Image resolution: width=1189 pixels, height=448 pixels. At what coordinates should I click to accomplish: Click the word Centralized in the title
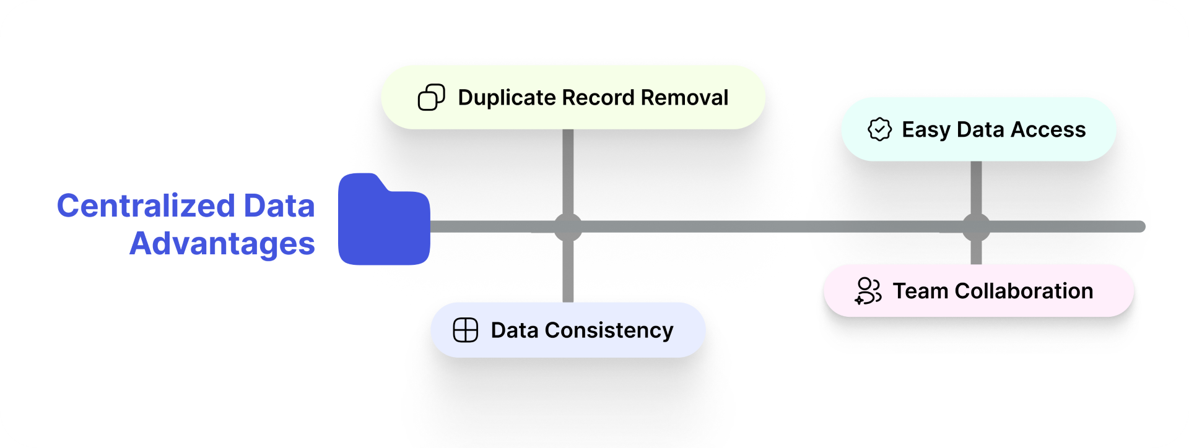pyautogui.click(x=146, y=206)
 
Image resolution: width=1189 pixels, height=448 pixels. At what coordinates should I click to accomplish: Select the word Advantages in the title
pyautogui.click(x=222, y=243)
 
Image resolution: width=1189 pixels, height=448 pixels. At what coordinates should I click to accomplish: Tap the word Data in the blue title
pyautogui.click(x=279, y=206)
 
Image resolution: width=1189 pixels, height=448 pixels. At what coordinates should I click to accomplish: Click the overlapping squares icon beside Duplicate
pyautogui.click(x=431, y=98)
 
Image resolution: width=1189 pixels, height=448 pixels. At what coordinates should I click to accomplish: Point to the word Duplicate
pyautogui.click(x=507, y=98)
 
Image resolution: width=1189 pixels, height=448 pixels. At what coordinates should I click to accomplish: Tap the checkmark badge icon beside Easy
pyautogui.click(x=879, y=130)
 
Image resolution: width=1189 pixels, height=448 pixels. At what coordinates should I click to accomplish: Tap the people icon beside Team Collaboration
pyautogui.click(x=868, y=291)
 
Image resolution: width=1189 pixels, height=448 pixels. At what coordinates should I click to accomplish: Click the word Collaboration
pyautogui.click(x=1024, y=291)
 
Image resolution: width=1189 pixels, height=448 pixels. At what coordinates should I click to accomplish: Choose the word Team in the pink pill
pyautogui.click(x=920, y=291)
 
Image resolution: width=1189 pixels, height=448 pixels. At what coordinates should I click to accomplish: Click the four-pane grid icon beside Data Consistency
pyautogui.click(x=465, y=330)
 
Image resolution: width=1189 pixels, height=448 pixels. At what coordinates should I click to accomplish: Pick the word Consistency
pyautogui.click(x=609, y=330)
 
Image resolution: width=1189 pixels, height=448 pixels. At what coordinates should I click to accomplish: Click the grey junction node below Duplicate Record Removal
pyautogui.click(x=568, y=227)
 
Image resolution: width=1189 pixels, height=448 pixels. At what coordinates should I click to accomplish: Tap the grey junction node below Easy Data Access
pyautogui.click(x=976, y=227)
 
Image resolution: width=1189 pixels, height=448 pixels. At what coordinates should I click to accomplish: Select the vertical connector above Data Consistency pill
pyautogui.click(x=568, y=272)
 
